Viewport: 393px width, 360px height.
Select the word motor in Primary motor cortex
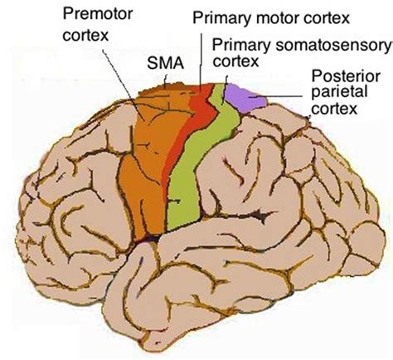tap(267, 17)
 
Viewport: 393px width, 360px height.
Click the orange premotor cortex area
tap(145, 158)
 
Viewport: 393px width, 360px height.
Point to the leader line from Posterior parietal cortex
tap(286, 98)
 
